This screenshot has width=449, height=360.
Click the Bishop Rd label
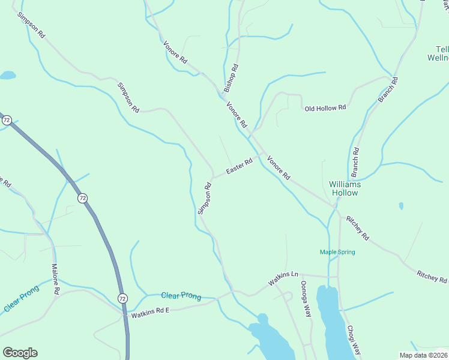point(231,78)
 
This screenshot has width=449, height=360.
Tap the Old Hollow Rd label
point(325,109)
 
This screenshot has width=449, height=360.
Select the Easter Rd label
point(239,167)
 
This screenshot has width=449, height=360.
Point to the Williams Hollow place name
point(345,188)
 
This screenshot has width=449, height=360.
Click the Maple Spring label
point(337,252)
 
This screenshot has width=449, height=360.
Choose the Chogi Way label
point(354,340)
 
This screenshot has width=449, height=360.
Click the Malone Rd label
point(55,278)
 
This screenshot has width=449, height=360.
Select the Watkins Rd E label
point(151,311)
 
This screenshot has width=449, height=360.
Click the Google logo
point(20,353)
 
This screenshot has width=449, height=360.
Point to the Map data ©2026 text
point(424,355)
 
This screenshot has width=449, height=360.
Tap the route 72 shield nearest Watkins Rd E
point(122,298)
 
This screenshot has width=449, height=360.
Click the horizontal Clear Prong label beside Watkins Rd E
point(181,296)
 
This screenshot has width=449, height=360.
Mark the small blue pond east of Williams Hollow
point(401,206)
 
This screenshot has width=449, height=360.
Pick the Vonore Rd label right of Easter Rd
point(279,168)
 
